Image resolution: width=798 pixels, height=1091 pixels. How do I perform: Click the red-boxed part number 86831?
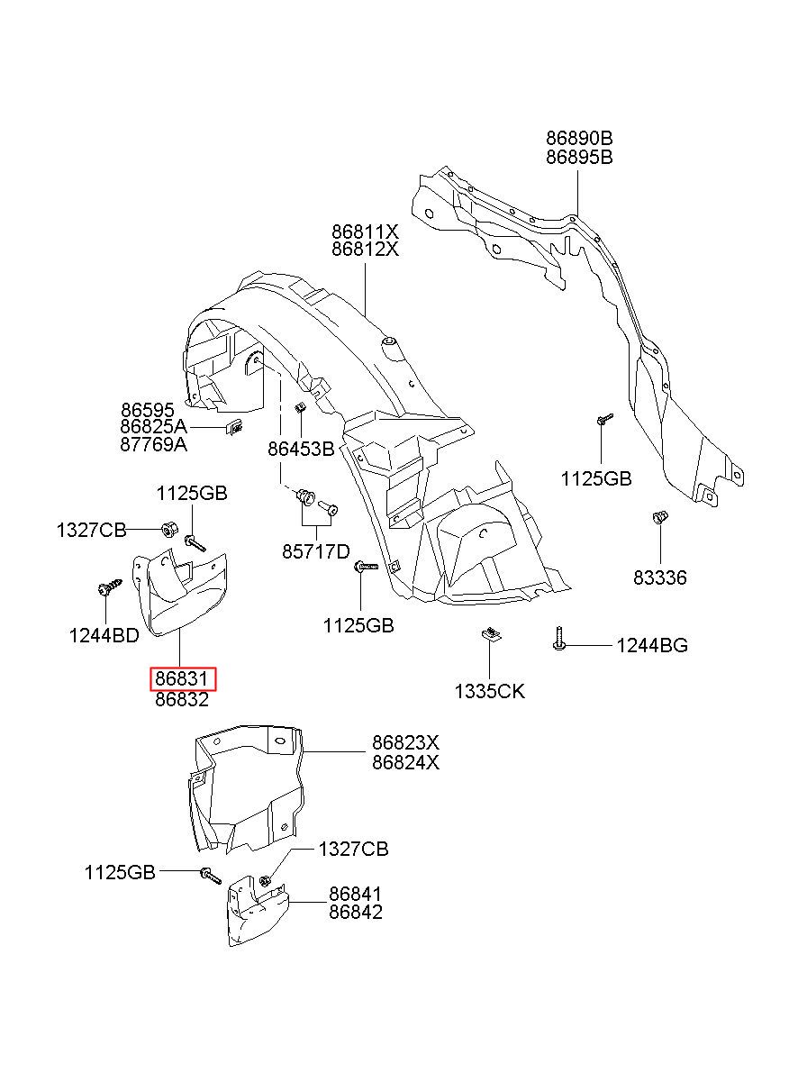coord(182,678)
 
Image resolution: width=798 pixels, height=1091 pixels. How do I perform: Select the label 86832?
coord(182,700)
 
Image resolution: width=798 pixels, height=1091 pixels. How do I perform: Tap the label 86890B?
coord(579,139)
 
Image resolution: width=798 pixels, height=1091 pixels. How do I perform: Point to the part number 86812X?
coord(365,250)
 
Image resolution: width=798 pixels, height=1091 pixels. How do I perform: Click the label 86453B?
coord(301,449)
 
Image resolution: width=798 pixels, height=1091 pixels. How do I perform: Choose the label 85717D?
coord(316,552)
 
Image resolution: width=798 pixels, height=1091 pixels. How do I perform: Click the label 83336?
coord(659,577)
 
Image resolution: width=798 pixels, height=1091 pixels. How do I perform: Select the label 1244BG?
coord(652,646)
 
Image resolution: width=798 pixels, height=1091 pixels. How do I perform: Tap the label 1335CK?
coord(490,692)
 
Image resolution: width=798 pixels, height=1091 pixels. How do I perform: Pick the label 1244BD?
coord(104,636)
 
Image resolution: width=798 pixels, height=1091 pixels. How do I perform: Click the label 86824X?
coord(405,762)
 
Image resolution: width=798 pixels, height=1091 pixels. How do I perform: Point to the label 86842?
coord(356,912)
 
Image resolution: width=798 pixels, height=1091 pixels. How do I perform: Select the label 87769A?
coord(153,444)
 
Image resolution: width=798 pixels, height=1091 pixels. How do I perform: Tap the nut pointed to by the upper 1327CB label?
coord(168,529)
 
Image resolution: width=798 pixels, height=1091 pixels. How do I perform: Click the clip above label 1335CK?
coord(490,634)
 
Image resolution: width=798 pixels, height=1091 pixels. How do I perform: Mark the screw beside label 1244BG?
coord(559,639)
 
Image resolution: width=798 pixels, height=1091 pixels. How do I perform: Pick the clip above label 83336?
coord(659,517)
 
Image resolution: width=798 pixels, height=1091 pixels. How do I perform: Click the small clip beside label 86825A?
coord(233,427)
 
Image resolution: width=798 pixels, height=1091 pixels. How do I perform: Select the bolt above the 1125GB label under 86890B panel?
coord(604,419)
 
